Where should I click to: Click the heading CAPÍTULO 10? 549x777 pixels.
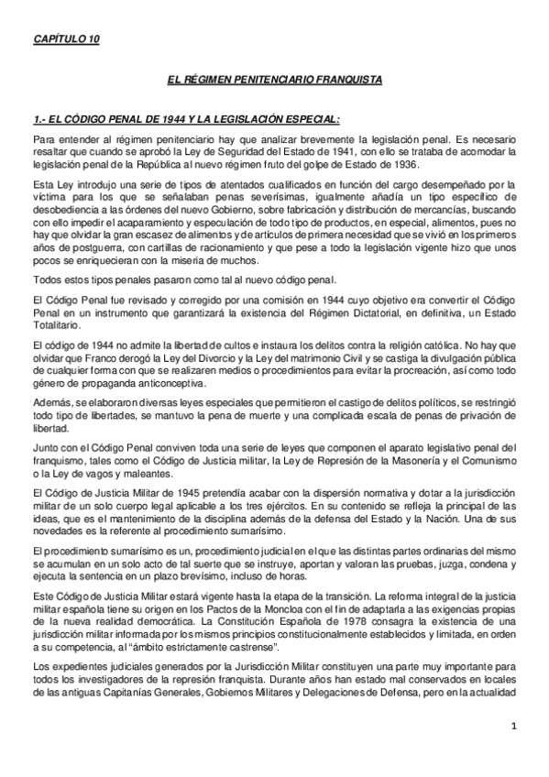[x=66, y=38]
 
